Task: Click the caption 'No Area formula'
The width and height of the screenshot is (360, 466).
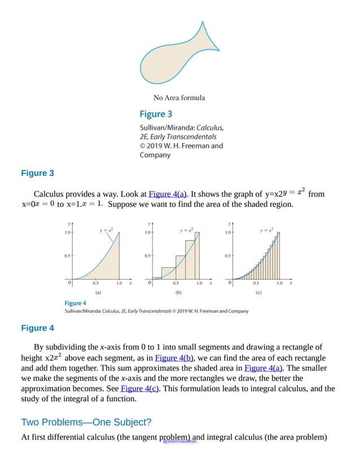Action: pyautogui.click(x=179, y=98)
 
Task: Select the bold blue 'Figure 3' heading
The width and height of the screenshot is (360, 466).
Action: pyautogui.click(x=37, y=173)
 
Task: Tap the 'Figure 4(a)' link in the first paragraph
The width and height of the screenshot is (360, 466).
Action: pyautogui.click(x=168, y=194)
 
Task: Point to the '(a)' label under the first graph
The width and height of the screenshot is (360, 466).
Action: pyautogui.click(x=98, y=293)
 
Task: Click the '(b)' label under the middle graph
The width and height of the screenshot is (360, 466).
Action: pyautogui.click(x=178, y=293)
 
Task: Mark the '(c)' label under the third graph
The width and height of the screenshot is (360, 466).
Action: pyautogui.click(x=258, y=293)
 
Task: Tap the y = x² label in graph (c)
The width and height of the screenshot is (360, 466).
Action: pyautogui.click(x=266, y=230)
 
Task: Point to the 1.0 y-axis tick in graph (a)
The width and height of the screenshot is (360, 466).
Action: pyautogui.click(x=67, y=232)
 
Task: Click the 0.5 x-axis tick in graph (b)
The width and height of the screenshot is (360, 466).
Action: pyautogui.click(x=176, y=284)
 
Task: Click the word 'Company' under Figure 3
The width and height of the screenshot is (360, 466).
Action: pyautogui.click(x=155, y=155)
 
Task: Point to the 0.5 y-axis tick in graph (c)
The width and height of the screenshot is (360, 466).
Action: pyautogui.click(x=228, y=255)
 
